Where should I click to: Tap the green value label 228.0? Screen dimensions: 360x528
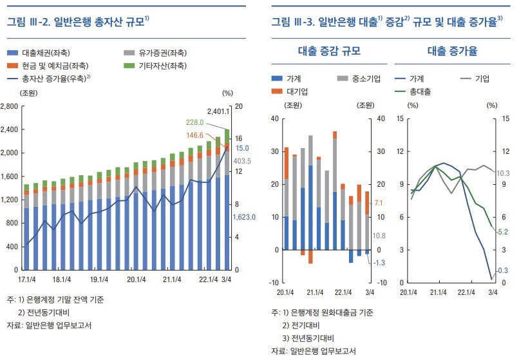(x=195, y=122)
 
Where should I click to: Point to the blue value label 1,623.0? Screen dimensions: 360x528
(x=244, y=218)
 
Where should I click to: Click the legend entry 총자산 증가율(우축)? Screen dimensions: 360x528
(x=54, y=79)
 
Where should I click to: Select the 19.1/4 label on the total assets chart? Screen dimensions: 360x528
(x=99, y=280)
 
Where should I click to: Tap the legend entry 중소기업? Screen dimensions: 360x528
(x=366, y=79)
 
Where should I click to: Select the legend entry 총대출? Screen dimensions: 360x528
(x=420, y=92)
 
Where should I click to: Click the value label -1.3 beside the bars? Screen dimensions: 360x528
(x=380, y=262)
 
